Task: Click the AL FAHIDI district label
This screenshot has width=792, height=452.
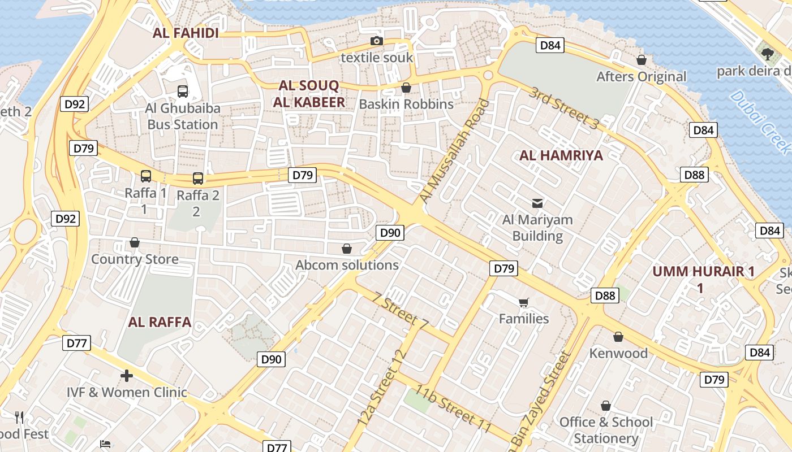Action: coord(186,33)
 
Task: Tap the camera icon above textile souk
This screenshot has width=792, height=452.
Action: coord(376,41)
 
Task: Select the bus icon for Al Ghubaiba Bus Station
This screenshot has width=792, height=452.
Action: coord(182,91)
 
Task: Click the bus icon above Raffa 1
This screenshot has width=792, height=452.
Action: coord(146,176)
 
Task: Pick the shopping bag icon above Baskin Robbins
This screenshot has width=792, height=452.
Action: coord(406,88)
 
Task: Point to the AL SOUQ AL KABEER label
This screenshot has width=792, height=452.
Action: coord(309,94)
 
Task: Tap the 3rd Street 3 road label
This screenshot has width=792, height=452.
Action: coord(563,109)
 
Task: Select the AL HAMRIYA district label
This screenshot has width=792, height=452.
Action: coord(561,155)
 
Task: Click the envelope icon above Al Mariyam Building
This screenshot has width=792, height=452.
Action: coord(537,203)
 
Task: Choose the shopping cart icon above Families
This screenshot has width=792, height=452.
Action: coord(523,302)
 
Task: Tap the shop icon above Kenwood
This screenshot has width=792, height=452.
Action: coord(618,337)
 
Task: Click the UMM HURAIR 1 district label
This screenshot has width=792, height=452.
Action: coord(703,272)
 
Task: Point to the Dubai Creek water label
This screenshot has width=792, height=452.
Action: coord(759,121)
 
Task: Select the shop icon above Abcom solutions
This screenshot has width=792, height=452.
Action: coord(347,249)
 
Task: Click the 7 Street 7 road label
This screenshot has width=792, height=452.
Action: coord(401,310)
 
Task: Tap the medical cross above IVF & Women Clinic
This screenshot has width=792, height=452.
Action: coord(127,375)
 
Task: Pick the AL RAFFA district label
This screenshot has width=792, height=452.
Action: coord(160,323)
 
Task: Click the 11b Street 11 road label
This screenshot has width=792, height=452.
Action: coord(453,408)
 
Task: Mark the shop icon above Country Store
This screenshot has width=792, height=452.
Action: coord(135,243)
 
